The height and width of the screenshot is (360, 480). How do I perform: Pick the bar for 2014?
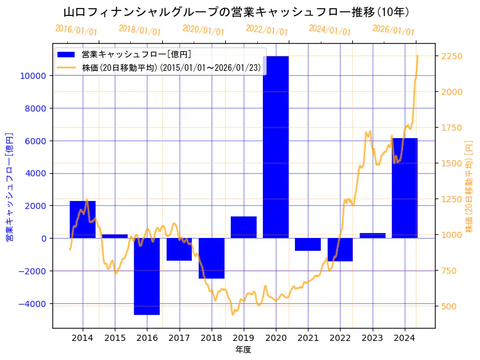pyautogui.click(x=83, y=219)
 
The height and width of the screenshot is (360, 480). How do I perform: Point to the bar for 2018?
pyautogui.click(x=212, y=258)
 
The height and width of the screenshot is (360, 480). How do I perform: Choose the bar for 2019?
pyautogui.click(x=244, y=227)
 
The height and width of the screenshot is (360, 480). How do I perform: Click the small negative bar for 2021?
pyautogui.click(x=308, y=244)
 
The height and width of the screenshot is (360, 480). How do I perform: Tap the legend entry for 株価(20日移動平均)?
pyautogui.click(x=173, y=67)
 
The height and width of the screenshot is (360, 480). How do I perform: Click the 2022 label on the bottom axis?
pyautogui.click(x=340, y=338)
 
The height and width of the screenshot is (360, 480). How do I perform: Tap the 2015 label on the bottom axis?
pyautogui.click(x=115, y=338)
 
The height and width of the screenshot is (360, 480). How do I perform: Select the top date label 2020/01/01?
pyautogui.click(x=203, y=30)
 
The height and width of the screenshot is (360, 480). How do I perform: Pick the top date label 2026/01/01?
pyautogui.click(x=393, y=30)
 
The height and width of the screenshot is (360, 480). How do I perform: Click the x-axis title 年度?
pyautogui.click(x=243, y=350)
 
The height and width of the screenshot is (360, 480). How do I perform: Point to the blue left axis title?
pyautogui.click(x=9, y=187)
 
